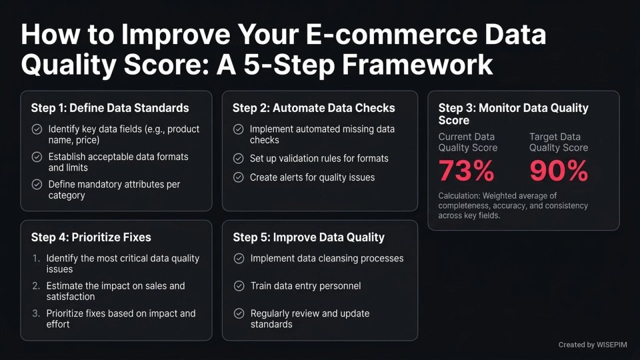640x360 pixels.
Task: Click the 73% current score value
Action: click(466, 171)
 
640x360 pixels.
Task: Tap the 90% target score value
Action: click(559, 171)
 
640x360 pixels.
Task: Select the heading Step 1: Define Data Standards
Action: click(110, 108)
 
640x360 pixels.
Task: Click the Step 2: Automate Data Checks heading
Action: click(313, 108)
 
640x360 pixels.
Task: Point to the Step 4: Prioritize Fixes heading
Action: click(91, 237)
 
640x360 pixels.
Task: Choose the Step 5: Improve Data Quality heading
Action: click(308, 237)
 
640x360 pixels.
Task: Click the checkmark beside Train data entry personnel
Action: click(239, 286)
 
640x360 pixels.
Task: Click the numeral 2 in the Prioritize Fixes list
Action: click(36, 286)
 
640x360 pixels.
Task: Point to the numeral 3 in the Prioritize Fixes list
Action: click(36, 313)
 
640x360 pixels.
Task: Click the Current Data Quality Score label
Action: click(467, 142)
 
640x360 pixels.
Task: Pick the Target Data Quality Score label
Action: click(559, 142)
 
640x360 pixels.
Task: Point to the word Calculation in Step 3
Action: click(459, 195)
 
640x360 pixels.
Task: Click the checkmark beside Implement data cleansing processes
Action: click(239, 259)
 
